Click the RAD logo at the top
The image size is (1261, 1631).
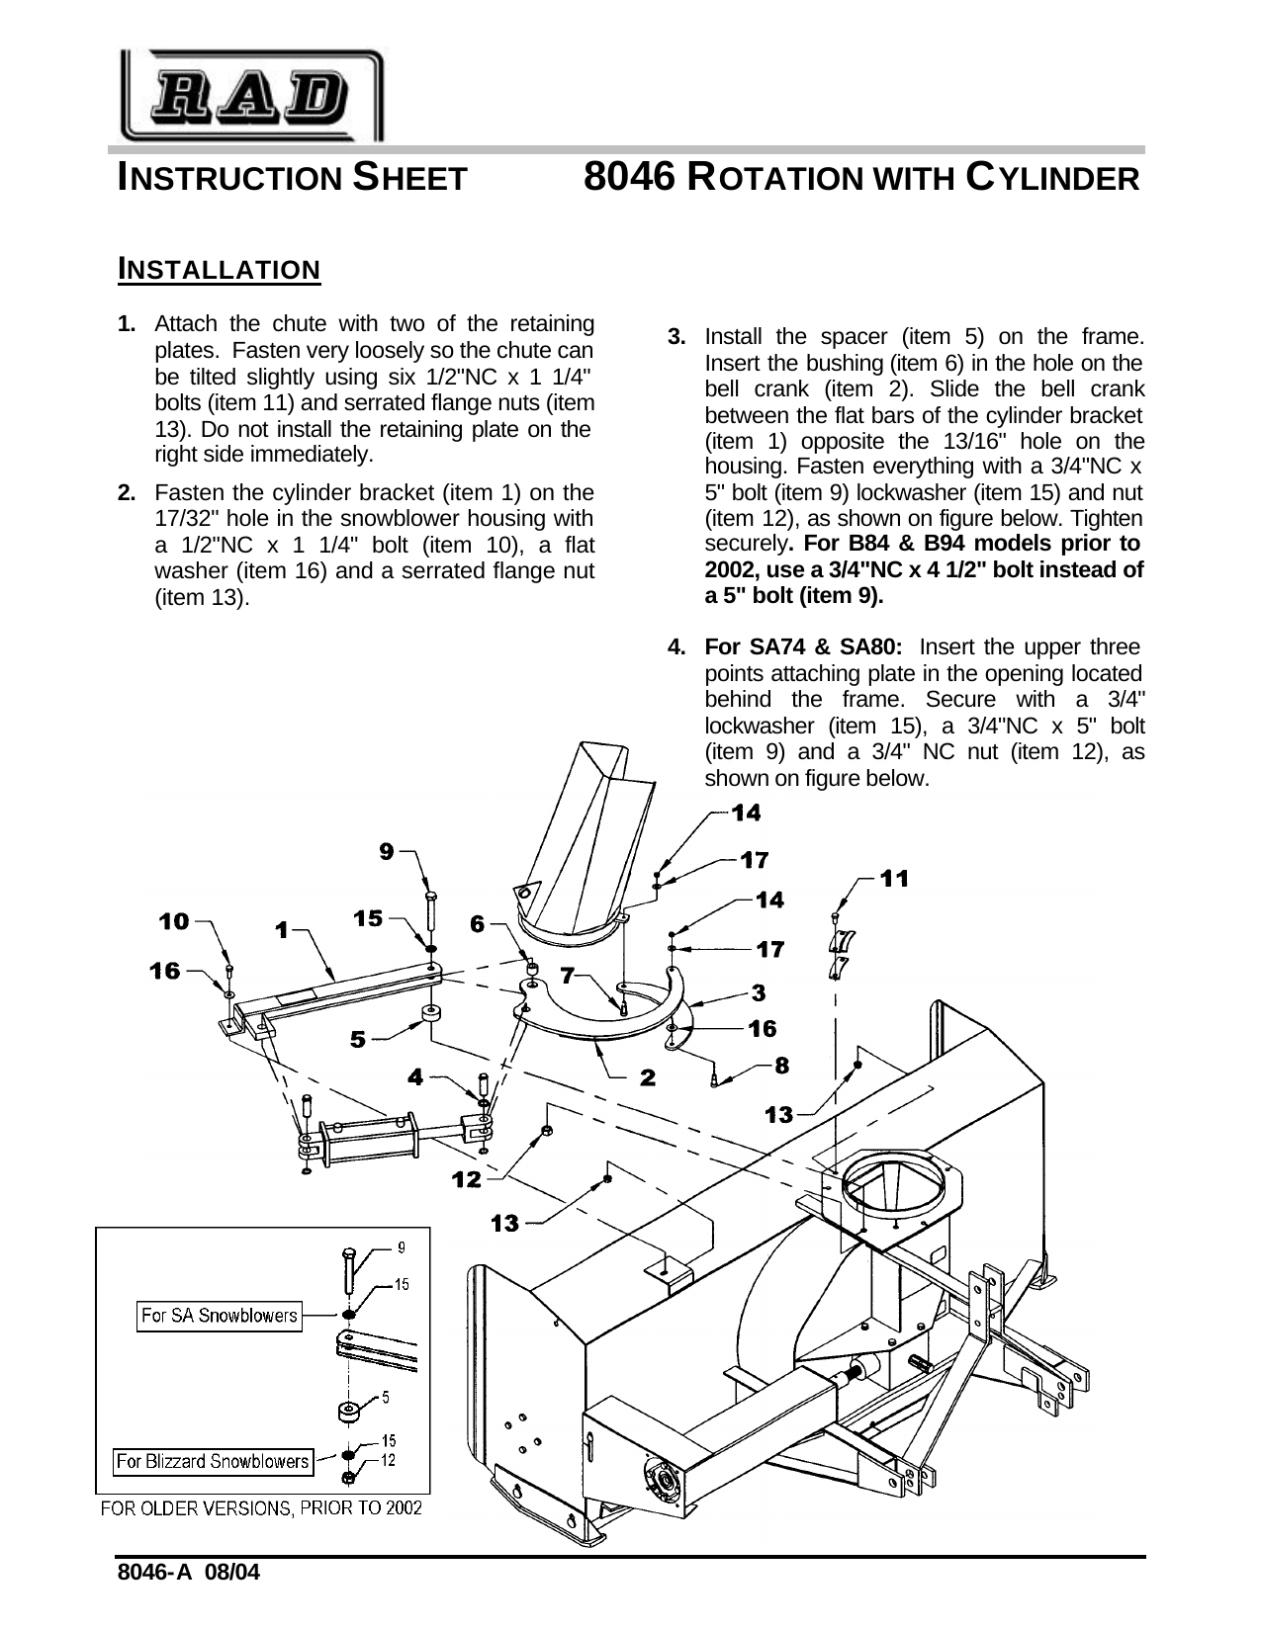[x=251, y=97]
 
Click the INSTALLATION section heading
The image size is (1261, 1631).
[x=219, y=269]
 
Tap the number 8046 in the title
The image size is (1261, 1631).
[x=629, y=178]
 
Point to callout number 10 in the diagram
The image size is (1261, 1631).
[x=174, y=921]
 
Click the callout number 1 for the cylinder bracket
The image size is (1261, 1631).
[x=283, y=930]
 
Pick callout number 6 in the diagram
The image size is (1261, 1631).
[x=478, y=924]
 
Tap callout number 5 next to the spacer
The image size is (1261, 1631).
[x=358, y=1039]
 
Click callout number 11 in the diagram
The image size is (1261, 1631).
[x=894, y=878]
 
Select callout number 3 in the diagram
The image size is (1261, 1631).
[x=759, y=989]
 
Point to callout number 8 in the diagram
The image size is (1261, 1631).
[x=781, y=1065]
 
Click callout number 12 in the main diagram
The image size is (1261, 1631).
[x=466, y=1178]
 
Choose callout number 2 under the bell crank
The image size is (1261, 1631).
[x=647, y=1077]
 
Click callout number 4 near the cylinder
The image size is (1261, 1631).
[x=415, y=1077]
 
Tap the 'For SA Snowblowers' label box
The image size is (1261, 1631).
[x=219, y=1315]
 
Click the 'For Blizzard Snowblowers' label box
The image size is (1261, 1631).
[x=213, y=1461]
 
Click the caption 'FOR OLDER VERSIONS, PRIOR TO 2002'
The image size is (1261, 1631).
[x=261, y=1508]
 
